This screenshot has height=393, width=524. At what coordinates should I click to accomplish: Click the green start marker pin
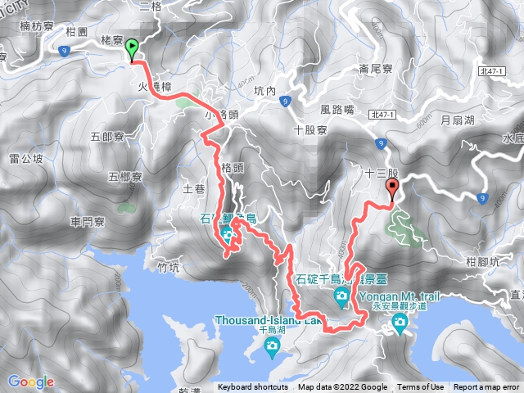point(131,51)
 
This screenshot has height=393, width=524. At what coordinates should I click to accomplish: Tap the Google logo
point(30,382)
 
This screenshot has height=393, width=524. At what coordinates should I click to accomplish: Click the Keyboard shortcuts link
point(253,387)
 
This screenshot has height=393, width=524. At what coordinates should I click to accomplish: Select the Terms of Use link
point(421,387)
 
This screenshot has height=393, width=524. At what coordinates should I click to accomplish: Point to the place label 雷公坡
point(25,158)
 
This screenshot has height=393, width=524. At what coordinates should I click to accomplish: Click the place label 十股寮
point(310,130)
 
